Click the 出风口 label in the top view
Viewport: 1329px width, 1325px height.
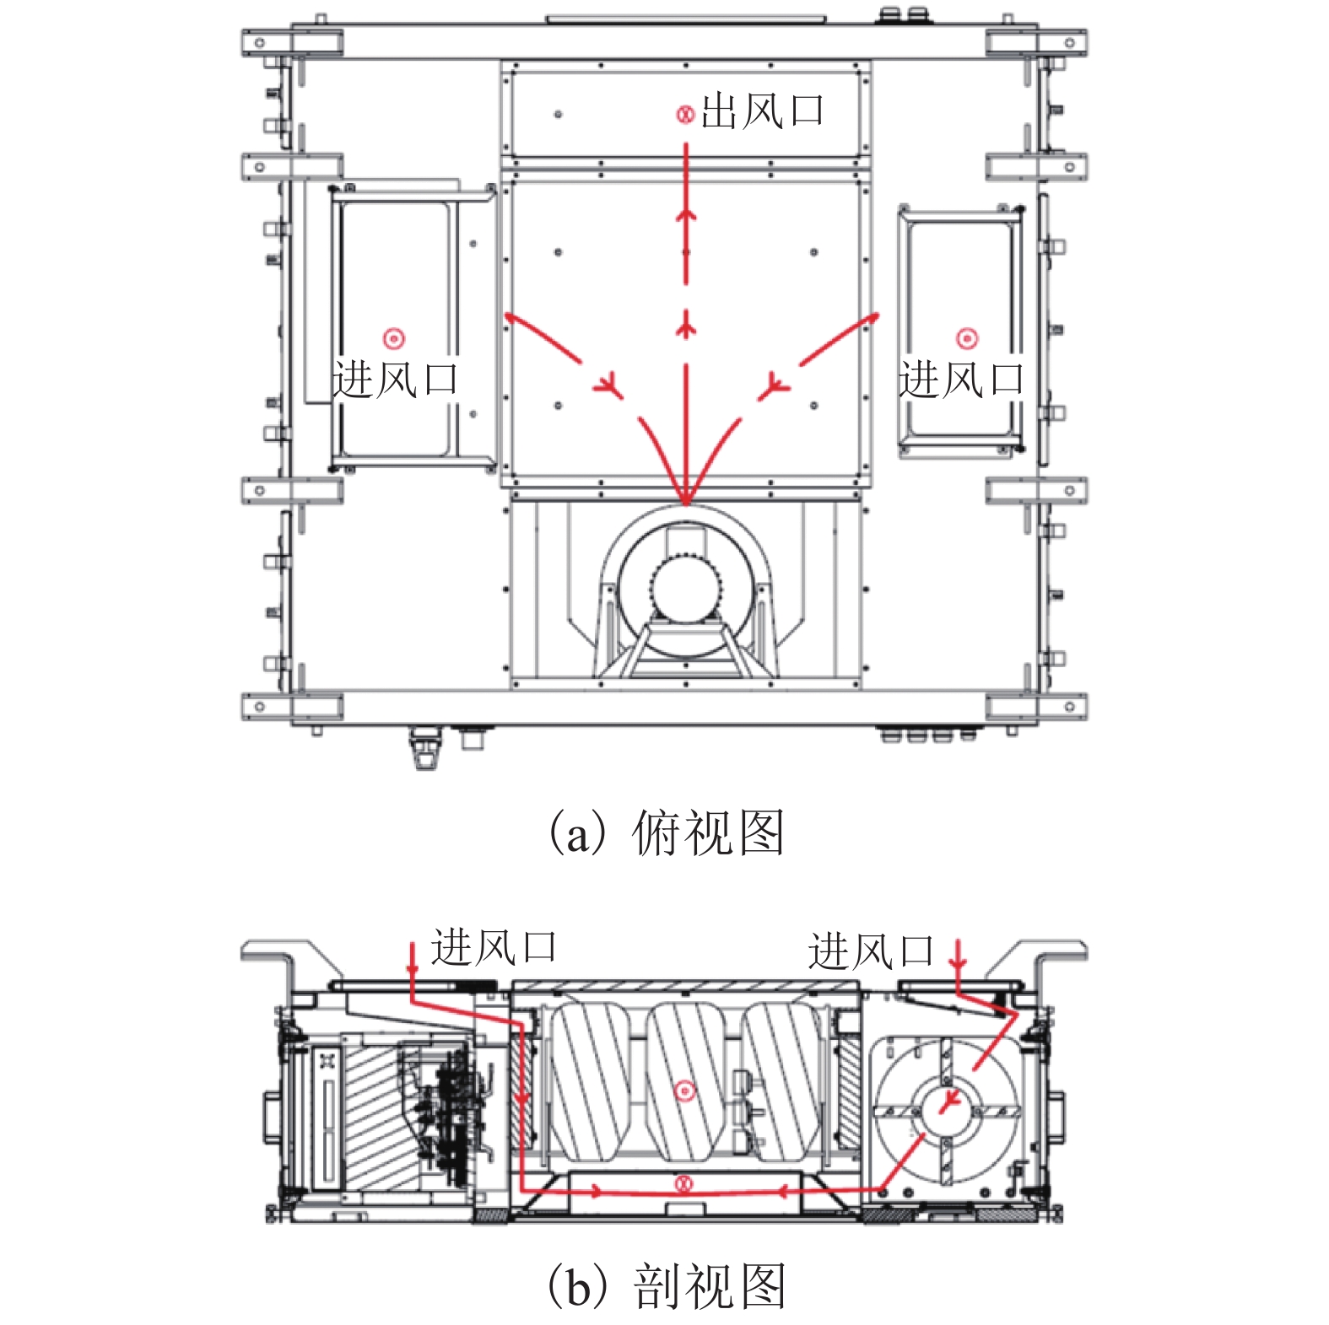click(761, 111)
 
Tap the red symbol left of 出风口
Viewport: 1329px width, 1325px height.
click(685, 114)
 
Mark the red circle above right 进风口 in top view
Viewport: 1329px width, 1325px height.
click(966, 339)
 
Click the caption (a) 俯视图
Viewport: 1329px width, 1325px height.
click(665, 833)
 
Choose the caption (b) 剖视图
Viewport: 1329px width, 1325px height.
click(665, 1286)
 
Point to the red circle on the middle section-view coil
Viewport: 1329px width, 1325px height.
click(685, 1091)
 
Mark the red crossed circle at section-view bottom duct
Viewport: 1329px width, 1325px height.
click(684, 1184)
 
